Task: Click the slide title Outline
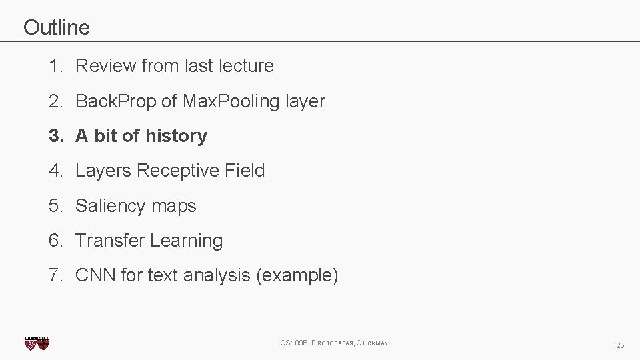click(56, 27)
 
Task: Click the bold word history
click(176, 136)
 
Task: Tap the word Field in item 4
click(245, 171)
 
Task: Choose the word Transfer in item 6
click(110, 241)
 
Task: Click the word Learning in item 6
click(187, 241)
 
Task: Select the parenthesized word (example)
click(297, 275)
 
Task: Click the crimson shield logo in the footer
click(37, 343)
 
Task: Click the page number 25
click(620, 345)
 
